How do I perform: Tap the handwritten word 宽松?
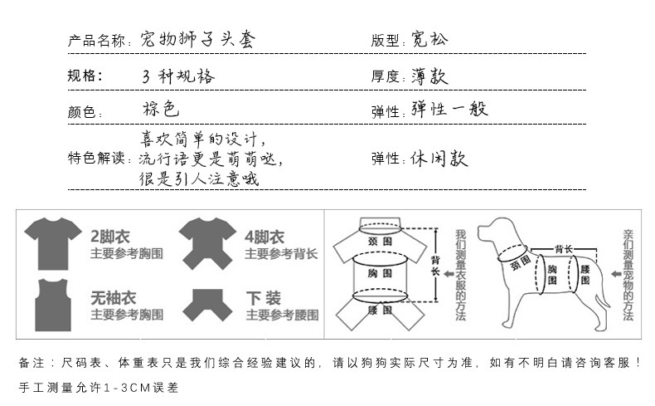coord(429,39)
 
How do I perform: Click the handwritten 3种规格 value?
coord(178,76)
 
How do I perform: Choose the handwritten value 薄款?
coord(429,76)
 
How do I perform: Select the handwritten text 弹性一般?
coord(449,110)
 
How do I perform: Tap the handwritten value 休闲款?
coord(439,159)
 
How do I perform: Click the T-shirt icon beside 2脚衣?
coord(54,243)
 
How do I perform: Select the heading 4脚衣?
coord(264,237)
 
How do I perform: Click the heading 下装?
coord(263,298)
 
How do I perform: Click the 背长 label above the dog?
coord(564,248)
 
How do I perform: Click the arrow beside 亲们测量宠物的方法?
coord(616,272)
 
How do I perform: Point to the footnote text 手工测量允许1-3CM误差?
coord(97,387)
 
